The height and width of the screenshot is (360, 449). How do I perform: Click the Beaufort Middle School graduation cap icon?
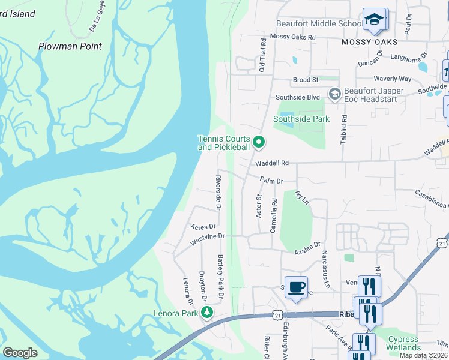pos(375,20)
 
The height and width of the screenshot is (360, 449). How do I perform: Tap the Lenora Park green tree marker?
pos(207,312)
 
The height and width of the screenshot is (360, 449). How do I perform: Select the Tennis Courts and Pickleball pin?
pos(259,142)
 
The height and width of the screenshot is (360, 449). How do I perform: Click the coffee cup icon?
pos(296,287)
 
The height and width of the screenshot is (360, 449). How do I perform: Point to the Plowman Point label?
pos(70,46)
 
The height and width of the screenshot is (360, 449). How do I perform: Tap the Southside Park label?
pos(301,119)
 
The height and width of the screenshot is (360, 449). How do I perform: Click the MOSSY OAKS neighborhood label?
pos(370,42)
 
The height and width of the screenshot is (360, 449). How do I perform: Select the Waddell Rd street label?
pos(272,163)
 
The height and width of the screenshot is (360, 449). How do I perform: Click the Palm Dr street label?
pos(271,180)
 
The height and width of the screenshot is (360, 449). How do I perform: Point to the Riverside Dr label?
pos(218,193)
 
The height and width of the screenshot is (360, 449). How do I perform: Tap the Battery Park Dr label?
pos(220,277)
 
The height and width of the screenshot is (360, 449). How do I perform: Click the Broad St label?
pos(306,80)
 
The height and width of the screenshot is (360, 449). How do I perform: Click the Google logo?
pos(20,353)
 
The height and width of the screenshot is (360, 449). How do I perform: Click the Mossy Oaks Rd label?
pos(293,37)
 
